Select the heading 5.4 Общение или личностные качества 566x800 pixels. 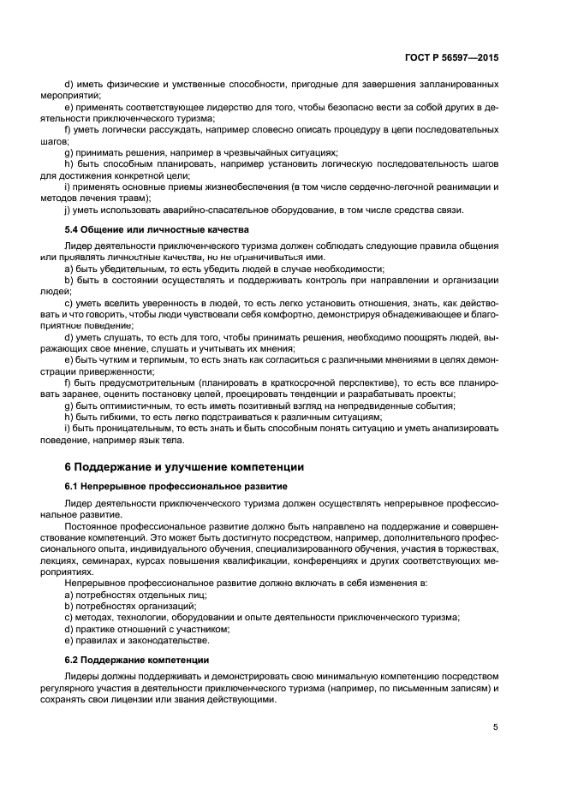click(157, 229)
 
